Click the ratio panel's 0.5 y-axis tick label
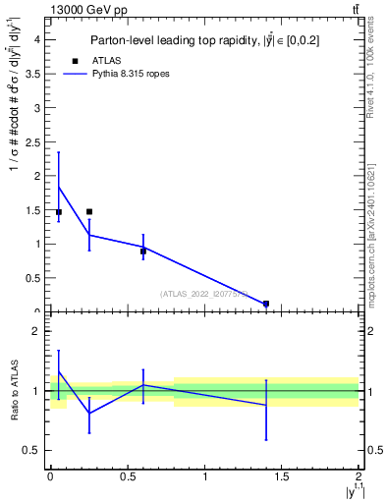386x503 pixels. pos(31,451)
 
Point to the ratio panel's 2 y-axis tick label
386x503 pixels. pos(36,332)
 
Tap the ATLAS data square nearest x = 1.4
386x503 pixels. pos(266,304)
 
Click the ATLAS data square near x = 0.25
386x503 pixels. pos(89,211)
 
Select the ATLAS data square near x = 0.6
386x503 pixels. pos(143,251)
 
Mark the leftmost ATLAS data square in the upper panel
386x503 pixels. pos(59,211)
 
